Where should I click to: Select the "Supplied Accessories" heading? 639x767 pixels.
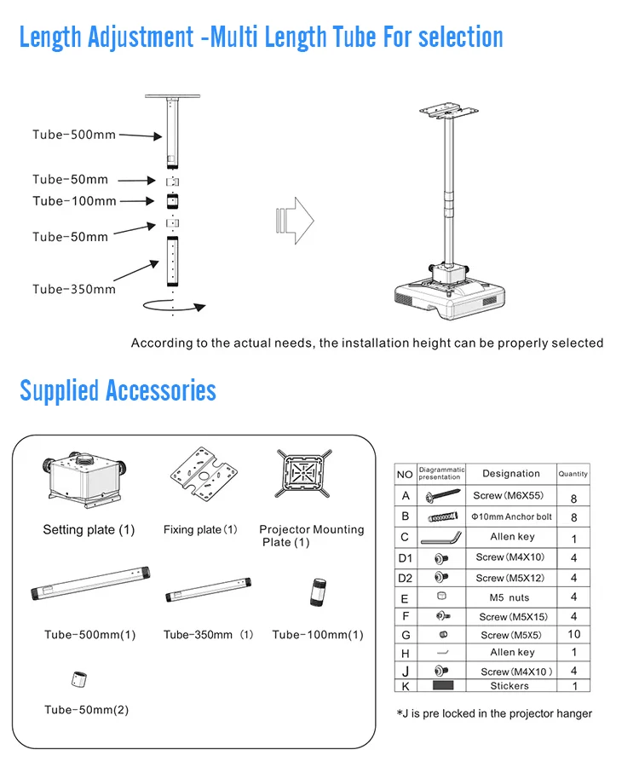(118, 391)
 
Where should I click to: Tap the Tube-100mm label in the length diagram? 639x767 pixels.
(74, 201)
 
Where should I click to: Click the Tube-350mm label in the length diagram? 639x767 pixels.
(74, 289)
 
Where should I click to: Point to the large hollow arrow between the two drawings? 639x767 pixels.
(294, 221)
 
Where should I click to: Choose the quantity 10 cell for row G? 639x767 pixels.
(573, 635)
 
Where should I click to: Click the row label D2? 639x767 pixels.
(405, 578)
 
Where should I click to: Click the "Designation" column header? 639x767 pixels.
(510, 474)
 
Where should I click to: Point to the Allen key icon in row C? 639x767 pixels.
(440, 537)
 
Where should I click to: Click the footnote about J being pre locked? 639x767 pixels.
(494, 713)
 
